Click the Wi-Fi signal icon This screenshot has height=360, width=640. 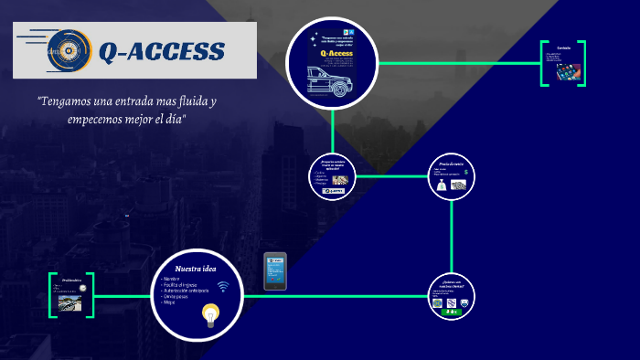pos(222,286)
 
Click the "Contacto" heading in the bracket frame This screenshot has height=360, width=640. pos(563,48)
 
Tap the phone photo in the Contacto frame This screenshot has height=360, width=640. pos(570,70)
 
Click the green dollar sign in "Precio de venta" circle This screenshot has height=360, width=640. pos(466,171)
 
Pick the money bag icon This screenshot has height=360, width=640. pos(442,185)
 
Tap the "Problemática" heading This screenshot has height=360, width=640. pos(72,281)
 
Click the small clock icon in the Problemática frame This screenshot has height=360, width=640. pos(82,288)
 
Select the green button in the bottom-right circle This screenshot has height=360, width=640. pos(452,312)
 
